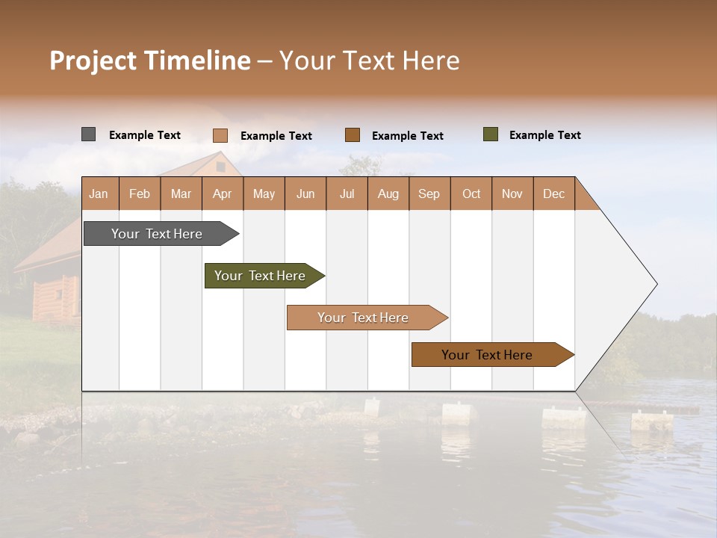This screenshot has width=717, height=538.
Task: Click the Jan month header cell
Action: [99, 194]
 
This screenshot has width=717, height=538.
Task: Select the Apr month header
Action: [223, 194]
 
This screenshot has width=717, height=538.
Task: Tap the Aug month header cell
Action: [388, 194]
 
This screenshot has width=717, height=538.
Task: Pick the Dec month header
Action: [554, 194]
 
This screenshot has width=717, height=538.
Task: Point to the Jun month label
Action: [305, 194]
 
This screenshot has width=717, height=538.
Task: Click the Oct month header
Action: [471, 194]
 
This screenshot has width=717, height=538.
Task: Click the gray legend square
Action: [88, 134]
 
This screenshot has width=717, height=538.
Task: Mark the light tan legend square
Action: [220, 135]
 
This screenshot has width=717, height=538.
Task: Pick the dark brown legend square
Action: [353, 135]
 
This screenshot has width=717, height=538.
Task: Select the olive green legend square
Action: [491, 134]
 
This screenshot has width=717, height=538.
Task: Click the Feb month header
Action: [140, 194]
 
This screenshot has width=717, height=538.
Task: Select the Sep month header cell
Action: [429, 194]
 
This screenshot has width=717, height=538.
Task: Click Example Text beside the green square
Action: [544, 135]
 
